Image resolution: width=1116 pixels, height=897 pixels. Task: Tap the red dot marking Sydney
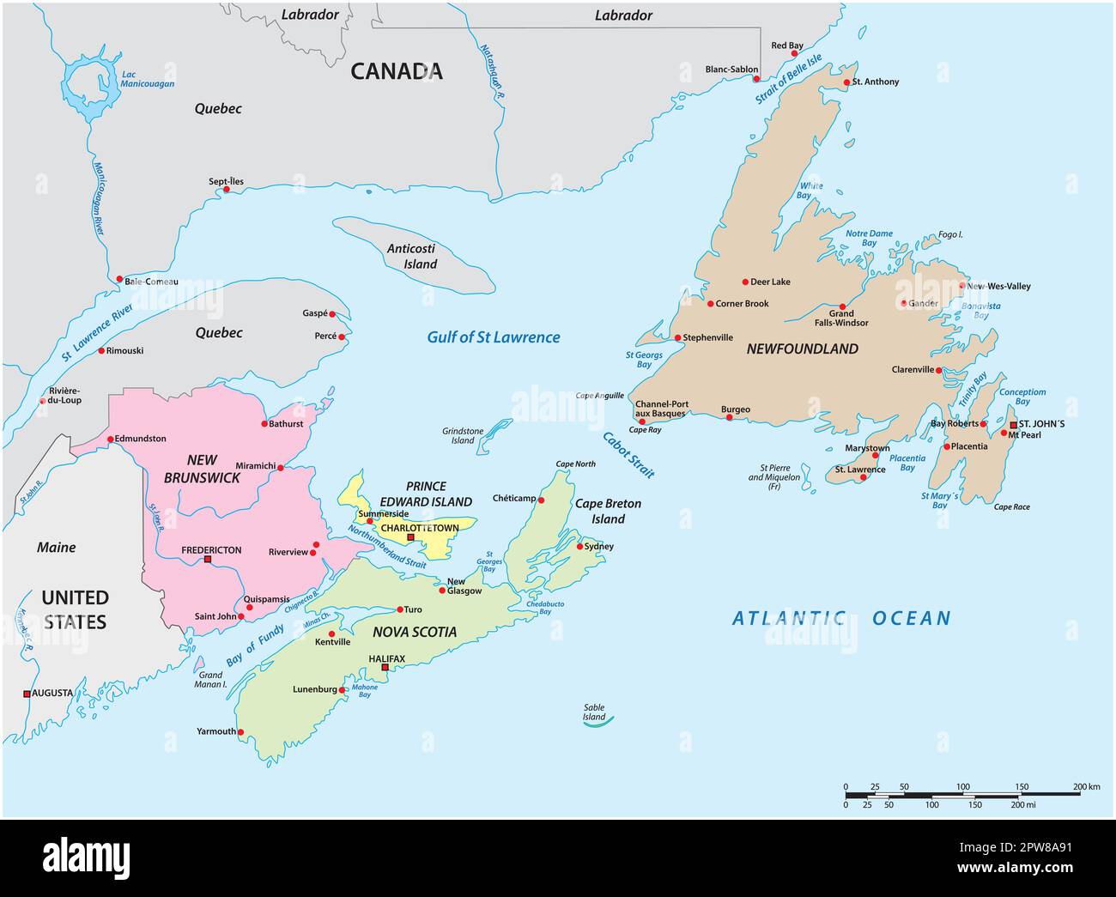pos(580,546)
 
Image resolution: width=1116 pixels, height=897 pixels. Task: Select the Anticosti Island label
pos(412,256)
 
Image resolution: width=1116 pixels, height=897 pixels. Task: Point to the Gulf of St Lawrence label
pos(494,337)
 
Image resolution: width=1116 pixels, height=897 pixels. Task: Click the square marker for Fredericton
pos(208,560)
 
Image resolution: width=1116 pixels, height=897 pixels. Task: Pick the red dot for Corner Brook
pos(710,303)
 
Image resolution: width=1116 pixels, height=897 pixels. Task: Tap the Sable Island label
pos(594,712)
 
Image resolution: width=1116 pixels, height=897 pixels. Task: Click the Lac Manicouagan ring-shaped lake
pos(89,86)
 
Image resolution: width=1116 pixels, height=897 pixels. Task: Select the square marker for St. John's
pos(1013,425)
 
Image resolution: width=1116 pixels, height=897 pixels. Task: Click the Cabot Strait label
pos(628,454)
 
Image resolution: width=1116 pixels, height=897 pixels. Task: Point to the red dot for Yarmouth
pos(240,732)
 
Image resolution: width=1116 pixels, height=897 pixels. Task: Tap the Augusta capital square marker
pos(27,694)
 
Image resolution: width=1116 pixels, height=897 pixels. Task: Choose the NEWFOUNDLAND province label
pos(802,348)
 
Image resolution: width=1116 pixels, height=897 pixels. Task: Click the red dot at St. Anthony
pos(846,82)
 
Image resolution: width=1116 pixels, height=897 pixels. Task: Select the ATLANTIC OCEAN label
pos(841,618)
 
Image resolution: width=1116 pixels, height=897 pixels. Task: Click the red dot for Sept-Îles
pos(227,190)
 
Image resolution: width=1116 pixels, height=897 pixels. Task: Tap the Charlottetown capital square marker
pos(410,537)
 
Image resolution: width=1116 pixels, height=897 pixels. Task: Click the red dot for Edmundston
pos(110,439)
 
